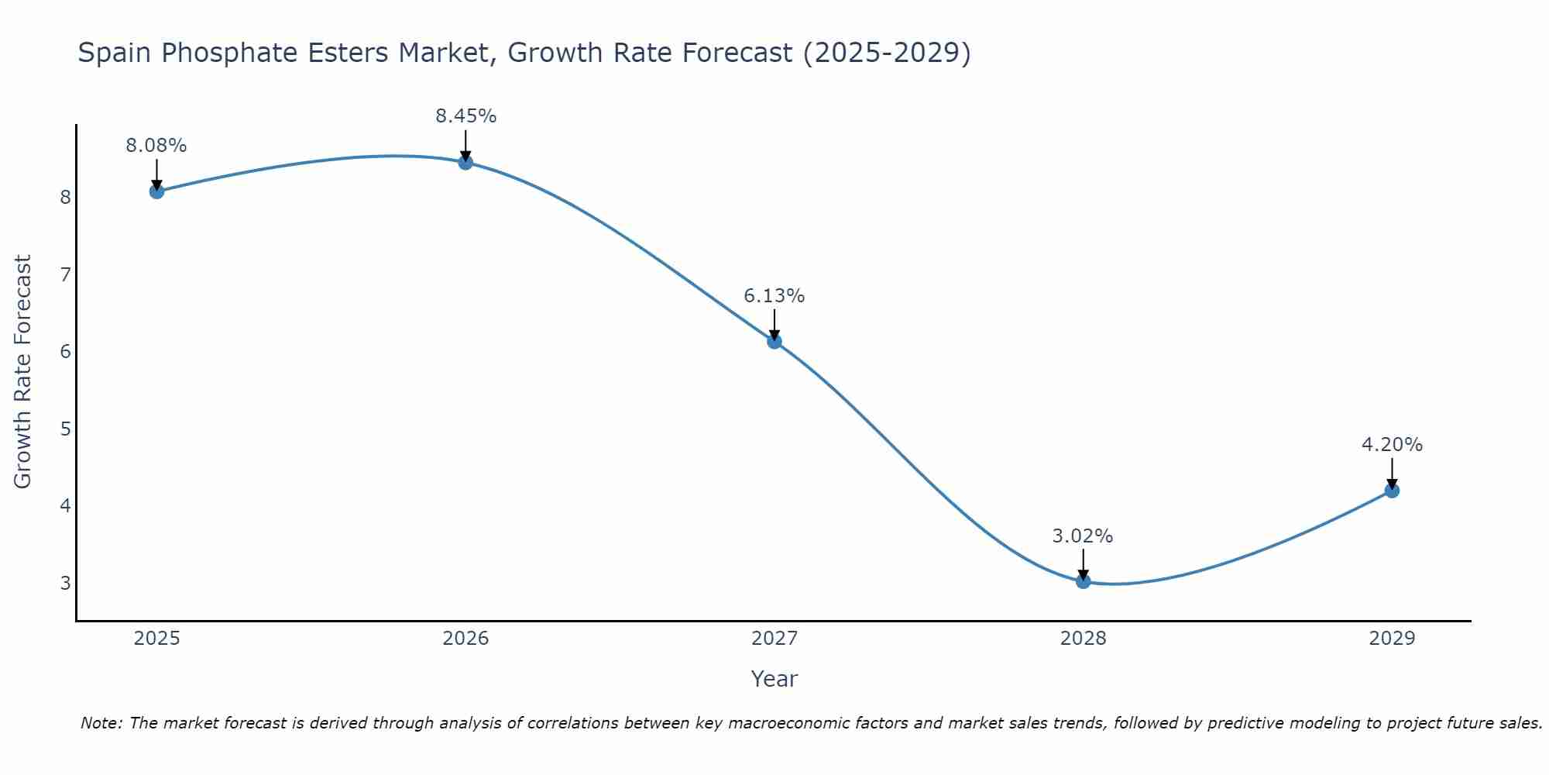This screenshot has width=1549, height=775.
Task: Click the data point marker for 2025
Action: click(x=156, y=191)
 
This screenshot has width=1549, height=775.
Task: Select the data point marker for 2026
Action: click(x=465, y=162)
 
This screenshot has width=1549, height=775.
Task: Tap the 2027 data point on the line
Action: click(x=774, y=341)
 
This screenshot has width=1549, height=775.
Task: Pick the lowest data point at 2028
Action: click(x=1083, y=581)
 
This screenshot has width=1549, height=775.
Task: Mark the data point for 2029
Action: click(x=1392, y=491)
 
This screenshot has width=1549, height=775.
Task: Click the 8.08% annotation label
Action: click(x=156, y=146)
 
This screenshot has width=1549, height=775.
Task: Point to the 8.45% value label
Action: click(x=465, y=116)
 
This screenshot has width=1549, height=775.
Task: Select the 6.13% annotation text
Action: click(x=774, y=296)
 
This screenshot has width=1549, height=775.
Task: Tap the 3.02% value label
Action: click(x=1083, y=536)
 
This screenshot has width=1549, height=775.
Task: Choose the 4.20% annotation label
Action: click(x=1392, y=445)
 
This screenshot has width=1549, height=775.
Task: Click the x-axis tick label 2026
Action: click(x=465, y=639)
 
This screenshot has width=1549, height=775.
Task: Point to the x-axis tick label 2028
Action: click(x=1083, y=639)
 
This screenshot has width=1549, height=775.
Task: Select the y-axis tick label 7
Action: click(x=65, y=274)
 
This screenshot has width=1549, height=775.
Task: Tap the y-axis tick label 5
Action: click(x=65, y=429)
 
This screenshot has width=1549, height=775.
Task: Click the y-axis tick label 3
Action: click(x=65, y=583)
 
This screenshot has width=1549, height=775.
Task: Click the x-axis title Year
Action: click(x=774, y=679)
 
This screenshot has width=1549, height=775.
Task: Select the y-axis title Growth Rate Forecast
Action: click(x=23, y=372)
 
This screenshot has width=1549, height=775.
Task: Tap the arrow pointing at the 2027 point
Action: click(x=774, y=324)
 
